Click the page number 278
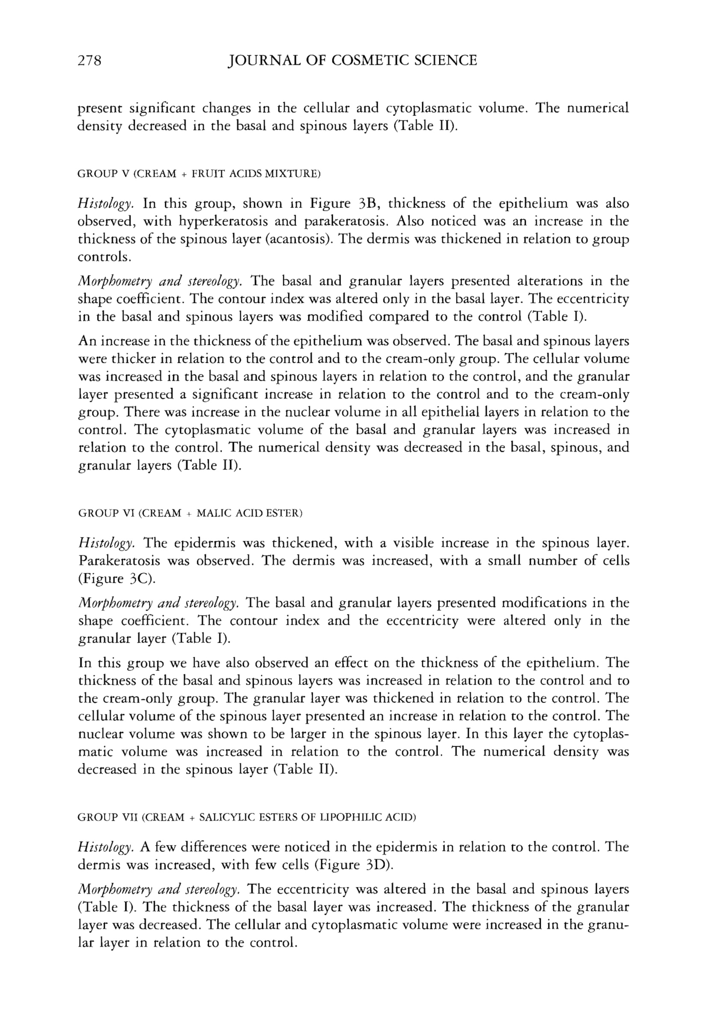90,60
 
